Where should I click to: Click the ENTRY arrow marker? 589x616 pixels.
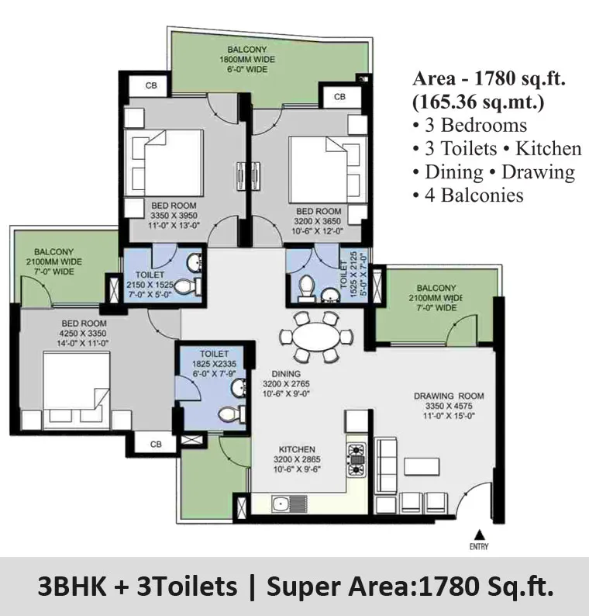click(x=478, y=535)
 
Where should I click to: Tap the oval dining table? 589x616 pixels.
click(x=316, y=336)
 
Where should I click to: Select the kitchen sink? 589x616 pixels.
click(x=289, y=504)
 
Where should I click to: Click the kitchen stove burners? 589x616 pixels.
click(x=356, y=459)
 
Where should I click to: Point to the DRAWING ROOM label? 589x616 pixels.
click(x=449, y=396)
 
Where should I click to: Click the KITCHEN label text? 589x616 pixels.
click(x=297, y=449)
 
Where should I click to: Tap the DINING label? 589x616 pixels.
click(x=286, y=374)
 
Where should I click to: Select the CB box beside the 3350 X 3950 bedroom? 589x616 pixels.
click(x=150, y=85)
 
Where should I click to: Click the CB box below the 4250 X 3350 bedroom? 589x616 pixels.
click(x=156, y=445)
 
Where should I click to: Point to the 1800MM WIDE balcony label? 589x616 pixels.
click(x=247, y=59)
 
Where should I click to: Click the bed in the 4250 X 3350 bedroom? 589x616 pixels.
click(x=77, y=389)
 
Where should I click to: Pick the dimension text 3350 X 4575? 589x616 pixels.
click(x=449, y=407)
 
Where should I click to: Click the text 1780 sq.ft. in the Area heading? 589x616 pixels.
click(x=520, y=78)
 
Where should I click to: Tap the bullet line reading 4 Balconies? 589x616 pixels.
click(x=468, y=196)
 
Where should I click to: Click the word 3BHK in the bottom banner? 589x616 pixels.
click(x=72, y=587)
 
